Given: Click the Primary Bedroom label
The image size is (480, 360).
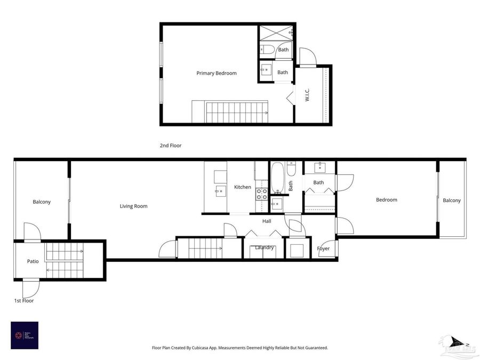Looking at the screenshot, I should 216,73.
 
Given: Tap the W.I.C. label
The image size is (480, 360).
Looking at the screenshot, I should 308,95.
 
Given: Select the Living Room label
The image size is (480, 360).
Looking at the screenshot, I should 133,206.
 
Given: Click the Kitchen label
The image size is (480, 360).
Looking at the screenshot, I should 243,187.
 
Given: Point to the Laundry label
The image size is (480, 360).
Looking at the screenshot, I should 265,247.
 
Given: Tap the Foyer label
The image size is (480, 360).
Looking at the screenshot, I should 323,249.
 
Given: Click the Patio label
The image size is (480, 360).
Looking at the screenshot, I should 33,261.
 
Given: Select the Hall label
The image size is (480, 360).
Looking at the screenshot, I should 267,221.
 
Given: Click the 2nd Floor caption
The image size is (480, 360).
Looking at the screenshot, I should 171,145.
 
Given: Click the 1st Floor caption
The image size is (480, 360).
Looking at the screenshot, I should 24,301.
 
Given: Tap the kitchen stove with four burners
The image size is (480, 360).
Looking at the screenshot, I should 261,193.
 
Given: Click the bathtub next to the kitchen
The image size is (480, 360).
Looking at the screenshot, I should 278,178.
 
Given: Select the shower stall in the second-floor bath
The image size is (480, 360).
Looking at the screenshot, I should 276,34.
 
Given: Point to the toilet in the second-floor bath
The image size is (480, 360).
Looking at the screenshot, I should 268,50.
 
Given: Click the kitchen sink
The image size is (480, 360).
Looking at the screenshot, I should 219,191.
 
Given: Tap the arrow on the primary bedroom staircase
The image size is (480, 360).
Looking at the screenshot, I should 266,113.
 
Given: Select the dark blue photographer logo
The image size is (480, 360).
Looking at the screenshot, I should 25,335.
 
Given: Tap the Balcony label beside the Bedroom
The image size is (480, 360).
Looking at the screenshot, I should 451,200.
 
